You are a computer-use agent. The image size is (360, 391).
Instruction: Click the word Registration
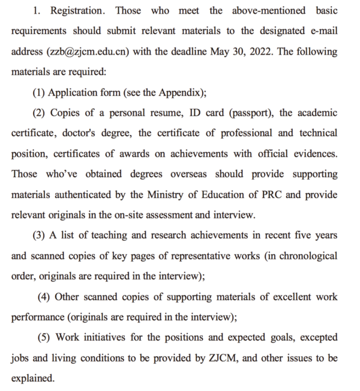[x=79, y=11]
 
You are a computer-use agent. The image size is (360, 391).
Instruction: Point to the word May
[x=220, y=52]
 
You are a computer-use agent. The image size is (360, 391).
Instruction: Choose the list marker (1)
[x=38, y=92]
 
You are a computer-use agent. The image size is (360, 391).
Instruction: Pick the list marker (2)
[x=38, y=113]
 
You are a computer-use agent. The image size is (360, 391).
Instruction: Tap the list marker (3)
[x=38, y=235]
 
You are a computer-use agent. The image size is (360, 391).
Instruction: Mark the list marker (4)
[x=44, y=297]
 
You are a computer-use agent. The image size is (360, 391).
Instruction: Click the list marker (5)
[x=44, y=338]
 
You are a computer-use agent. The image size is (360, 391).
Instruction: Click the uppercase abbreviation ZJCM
[x=222, y=358]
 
